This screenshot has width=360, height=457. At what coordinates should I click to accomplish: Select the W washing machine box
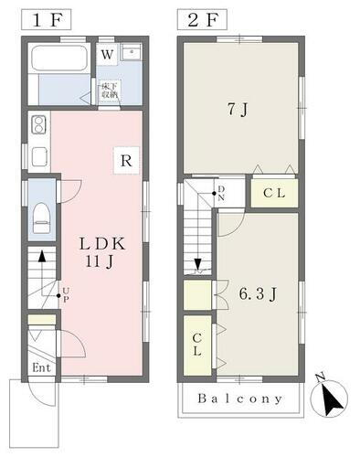[108, 55]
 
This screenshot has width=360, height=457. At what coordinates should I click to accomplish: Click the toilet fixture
[40, 218]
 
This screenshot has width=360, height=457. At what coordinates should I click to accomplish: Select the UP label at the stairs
[64, 293]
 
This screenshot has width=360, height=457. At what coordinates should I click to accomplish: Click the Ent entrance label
[42, 368]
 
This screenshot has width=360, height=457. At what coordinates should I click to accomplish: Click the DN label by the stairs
[221, 193]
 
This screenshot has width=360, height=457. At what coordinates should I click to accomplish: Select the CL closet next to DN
[273, 193]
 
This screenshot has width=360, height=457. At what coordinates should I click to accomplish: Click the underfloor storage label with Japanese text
[110, 91]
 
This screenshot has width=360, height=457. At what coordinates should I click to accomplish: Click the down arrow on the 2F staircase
[197, 264]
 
